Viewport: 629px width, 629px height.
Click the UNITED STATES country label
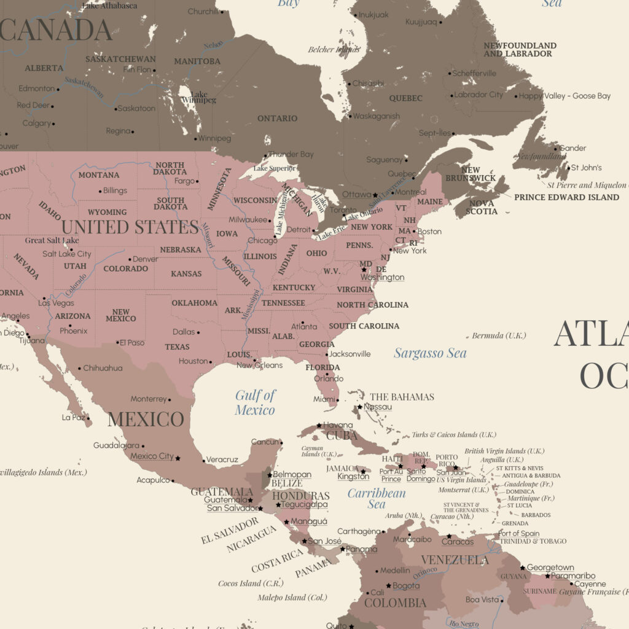pos(130,227)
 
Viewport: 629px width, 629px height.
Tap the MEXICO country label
pos(146,420)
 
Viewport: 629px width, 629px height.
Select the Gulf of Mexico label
pos(255,402)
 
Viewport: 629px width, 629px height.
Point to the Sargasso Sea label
pos(430,353)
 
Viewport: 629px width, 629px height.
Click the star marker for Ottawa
pos(376,195)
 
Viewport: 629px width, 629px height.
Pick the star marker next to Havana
pos(319,425)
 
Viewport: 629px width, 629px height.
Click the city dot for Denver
pos(130,259)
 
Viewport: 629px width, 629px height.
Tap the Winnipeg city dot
pos(195,139)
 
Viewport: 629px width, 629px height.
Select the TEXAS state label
pos(178,346)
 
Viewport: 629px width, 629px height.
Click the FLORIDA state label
pos(323,368)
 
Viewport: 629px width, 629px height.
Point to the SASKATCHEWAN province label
pos(120,59)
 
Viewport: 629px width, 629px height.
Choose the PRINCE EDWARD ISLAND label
pos(566,197)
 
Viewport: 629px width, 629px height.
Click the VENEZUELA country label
pos(455,560)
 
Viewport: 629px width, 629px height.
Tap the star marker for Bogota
pos(388,586)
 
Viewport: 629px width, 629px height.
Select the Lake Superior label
pos(275,168)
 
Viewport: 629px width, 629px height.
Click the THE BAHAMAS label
pos(402,397)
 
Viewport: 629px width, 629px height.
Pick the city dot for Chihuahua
pos(79,369)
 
